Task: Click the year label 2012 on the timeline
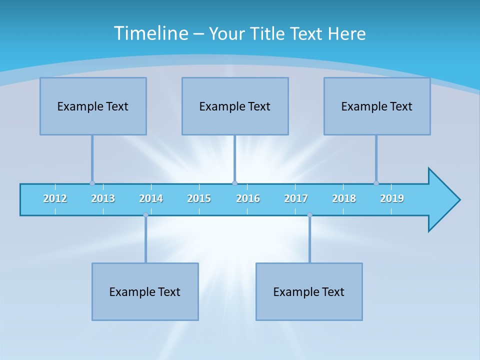(x=55, y=198)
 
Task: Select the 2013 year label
(x=103, y=198)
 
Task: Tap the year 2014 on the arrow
(x=151, y=198)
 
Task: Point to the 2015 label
(x=199, y=198)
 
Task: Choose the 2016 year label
(x=248, y=198)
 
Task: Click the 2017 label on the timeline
(x=296, y=198)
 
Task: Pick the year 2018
(x=344, y=198)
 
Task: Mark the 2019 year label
(x=392, y=198)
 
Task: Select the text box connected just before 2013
(x=93, y=106)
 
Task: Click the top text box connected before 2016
(x=235, y=106)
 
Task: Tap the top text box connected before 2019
(x=377, y=106)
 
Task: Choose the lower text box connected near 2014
(x=145, y=291)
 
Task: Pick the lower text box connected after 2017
(x=309, y=291)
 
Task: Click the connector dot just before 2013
(x=92, y=183)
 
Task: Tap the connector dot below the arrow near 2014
(x=145, y=215)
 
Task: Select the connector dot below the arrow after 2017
(x=309, y=215)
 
